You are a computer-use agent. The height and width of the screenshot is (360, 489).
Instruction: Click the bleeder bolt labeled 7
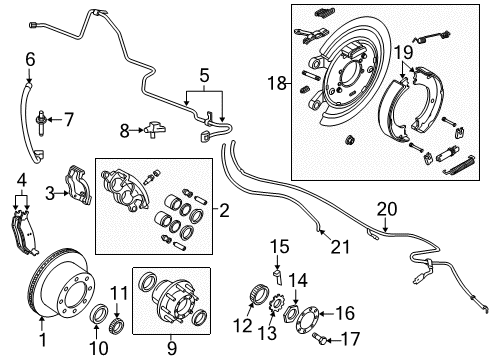[43, 122]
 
